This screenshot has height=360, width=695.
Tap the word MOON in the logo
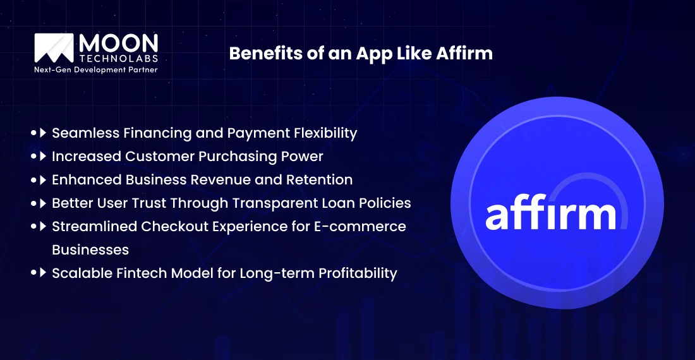118,42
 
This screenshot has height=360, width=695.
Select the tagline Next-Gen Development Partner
95,69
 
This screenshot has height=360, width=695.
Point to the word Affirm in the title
464,54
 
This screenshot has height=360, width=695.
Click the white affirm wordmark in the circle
550,215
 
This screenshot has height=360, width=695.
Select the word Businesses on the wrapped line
90,249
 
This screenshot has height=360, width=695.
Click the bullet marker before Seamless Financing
39,133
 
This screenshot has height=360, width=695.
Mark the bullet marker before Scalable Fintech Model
39,273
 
